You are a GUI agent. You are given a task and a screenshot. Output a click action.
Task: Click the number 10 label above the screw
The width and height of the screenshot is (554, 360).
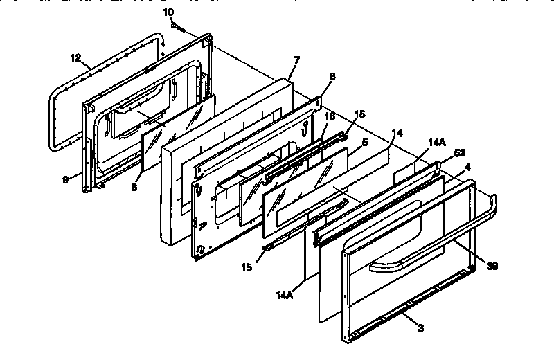(168, 12)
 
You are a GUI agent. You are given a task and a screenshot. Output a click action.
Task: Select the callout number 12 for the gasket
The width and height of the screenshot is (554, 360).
(76, 58)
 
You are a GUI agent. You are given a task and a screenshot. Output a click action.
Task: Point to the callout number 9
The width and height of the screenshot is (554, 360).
(65, 179)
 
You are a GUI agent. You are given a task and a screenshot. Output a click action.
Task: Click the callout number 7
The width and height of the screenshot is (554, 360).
(296, 60)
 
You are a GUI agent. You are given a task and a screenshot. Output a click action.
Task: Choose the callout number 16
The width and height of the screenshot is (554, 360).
(330, 118)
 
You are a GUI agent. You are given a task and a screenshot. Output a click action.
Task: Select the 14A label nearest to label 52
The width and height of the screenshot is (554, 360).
(437, 142)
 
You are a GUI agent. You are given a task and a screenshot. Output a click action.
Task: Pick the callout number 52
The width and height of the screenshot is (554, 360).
(459, 154)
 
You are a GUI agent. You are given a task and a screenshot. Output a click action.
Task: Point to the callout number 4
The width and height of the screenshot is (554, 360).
(467, 166)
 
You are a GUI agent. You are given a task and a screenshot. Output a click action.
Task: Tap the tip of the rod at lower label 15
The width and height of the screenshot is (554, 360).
(267, 245)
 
